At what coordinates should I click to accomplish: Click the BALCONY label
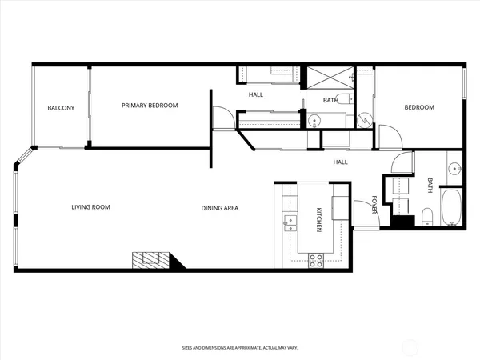click(61, 108)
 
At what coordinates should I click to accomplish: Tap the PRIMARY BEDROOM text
click(150, 106)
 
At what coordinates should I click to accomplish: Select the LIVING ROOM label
click(90, 207)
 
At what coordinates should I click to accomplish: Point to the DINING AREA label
click(219, 208)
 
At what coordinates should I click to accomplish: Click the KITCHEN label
click(318, 220)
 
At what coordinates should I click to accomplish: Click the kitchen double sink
click(290, 222)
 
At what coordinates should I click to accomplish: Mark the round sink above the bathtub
click(454, 169)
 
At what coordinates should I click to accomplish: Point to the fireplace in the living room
click(153, 261)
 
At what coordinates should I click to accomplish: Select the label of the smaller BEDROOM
click(418, 107)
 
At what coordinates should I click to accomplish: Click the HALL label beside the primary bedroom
click(256, 94)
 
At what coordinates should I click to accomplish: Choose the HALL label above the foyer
click(341, 162)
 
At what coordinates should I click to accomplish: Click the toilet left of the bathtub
click(428, 215)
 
